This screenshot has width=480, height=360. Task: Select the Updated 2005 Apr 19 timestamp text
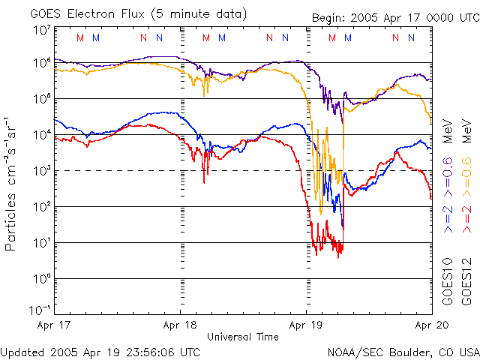pyautogui.click(x=100, y=351)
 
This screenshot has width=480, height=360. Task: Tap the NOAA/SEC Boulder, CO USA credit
pyautogui.click(x=403, y=351)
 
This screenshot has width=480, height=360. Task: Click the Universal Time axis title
pyautogui.click(x=243, y=337)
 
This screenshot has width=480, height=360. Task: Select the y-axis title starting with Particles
pyautogui.click(x=12, y=184)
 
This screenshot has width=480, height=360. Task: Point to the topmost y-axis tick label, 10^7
pyautogui.click(x=40, y=30)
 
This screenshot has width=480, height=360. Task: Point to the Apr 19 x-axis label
pyautogui.click(x=306, y=325)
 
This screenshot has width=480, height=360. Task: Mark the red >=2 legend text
pyautogui.click(x=465, y=218)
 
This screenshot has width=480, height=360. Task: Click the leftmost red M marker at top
pyautogui.click(x=81, y=37)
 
